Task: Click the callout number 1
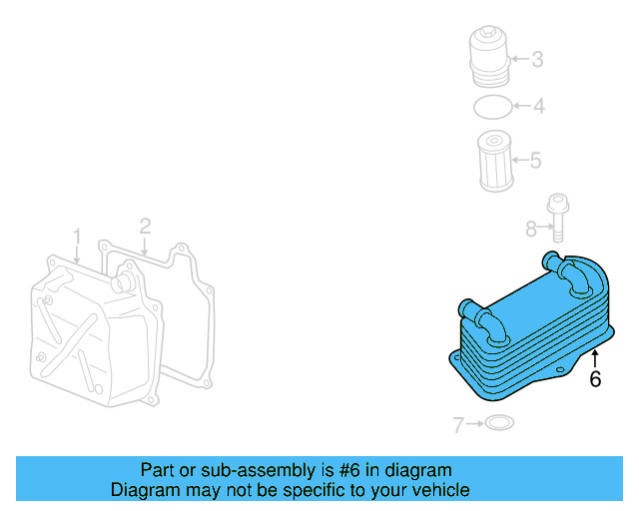coord(77,237)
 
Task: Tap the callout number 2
coord(145,227)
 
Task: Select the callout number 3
coord(536,59)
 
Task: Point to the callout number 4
coord(537,106)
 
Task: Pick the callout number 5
coord(535,160)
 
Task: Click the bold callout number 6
coord(595,379)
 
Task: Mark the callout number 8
coord(531,230)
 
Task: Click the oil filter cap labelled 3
coord(490,59)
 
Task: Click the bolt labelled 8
coord(558,219)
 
